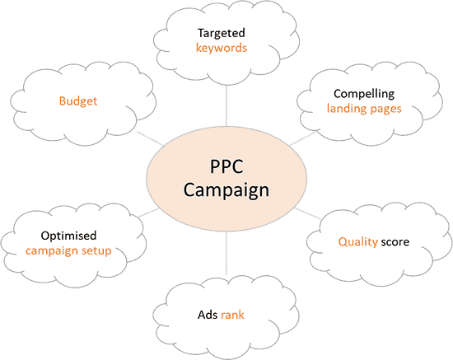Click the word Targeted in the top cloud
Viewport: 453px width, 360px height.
[x=222, y=34]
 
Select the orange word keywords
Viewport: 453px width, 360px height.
[x=222, y=48]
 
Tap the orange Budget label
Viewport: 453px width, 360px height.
[x=78, y=101]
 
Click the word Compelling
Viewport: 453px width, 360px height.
[x=364, y=94]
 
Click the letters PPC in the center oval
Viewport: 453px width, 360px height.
[x=226, y=166]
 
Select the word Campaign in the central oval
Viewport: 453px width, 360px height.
[x=226, y=190]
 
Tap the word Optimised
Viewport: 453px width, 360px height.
[x=68, y=236]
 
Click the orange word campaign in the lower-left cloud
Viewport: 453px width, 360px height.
[x=52, y=250]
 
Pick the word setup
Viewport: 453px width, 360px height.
[x=96, y=250]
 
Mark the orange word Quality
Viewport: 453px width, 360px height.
[x=358, y=242]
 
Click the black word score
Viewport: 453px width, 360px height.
[x=395, y=242]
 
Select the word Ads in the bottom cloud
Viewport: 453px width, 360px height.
[x=208, y=315]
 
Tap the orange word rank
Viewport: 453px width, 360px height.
[x=232, y=315]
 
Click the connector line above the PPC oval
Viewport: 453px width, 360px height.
[x=226, y=106]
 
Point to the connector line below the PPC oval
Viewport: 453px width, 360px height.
[x=226, y=253]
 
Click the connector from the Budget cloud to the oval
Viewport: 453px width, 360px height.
[x=151, y=138]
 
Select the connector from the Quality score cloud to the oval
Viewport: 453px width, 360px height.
[x=307, y=213]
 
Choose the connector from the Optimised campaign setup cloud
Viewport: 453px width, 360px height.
[x=148, y=213]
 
